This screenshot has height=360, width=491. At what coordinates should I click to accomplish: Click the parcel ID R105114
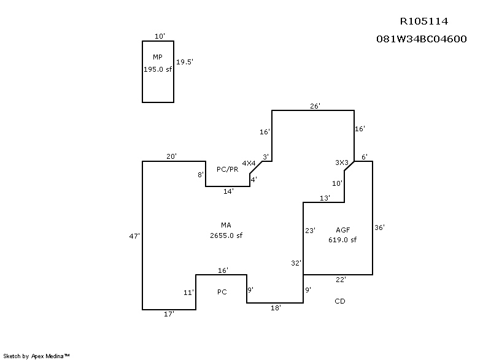[x=424, y=21]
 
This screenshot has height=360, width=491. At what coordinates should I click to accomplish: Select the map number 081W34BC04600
[x=422, y=39]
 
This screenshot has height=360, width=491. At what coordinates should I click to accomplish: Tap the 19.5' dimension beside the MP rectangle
[x=185, y=62]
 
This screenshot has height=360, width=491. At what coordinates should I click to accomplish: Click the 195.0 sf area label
[x=158, y=69]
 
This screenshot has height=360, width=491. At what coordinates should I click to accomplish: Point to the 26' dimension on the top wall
[x=315, y=106]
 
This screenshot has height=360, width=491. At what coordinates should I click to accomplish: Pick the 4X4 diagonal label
[x=249, y=163]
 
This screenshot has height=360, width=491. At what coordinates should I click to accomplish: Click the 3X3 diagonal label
[x=342, y=163]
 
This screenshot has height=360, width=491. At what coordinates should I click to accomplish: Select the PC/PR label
[x=227, y=169]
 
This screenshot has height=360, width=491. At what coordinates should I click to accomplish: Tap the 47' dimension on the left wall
[x=134, y=236]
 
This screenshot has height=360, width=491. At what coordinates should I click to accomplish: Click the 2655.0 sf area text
[x=226, y=236]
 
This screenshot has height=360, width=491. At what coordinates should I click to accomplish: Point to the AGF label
[x=342, y=230]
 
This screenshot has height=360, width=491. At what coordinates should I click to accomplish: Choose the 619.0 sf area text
[x=342, y=240]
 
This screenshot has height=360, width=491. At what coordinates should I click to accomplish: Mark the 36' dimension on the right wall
[x=379, y=228]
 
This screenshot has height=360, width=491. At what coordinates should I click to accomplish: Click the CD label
[x=340, y=301]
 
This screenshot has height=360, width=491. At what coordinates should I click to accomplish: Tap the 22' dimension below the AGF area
[x=341, y=280]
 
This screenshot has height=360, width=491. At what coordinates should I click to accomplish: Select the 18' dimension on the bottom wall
[x=276, y=308]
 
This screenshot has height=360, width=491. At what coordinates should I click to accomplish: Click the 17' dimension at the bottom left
[x=169, y=314]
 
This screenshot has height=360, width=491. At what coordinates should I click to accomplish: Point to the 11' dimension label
[x=188, y=293]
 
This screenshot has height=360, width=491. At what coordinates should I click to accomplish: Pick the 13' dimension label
[x=325, y=198]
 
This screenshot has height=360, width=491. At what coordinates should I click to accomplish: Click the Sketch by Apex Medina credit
[x=36, y=356]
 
